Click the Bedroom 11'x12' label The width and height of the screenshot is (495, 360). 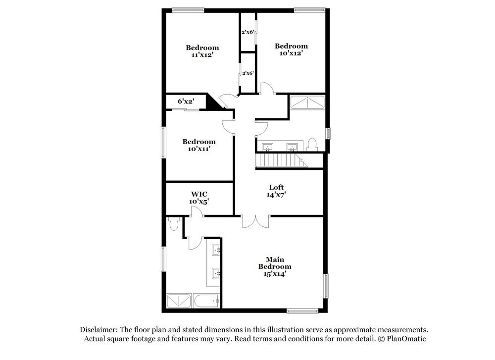(202, 51)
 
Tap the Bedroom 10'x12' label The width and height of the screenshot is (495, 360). (291, 50)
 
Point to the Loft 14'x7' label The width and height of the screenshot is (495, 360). (276, 191)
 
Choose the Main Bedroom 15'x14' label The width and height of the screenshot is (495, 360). (275, 266)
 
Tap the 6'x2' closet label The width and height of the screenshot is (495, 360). (186, 102)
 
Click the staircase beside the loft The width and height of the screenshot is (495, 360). (280, 160)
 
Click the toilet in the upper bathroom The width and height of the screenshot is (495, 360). (312, 144)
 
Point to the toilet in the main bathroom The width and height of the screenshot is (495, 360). (173, 224)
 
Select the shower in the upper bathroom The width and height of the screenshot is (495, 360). (307, 102)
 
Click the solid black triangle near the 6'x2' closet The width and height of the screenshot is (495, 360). (213, 103)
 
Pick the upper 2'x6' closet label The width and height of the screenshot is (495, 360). (247, 32)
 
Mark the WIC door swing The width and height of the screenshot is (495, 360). (197, 212)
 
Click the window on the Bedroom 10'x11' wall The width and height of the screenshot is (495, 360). (163, 143)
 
